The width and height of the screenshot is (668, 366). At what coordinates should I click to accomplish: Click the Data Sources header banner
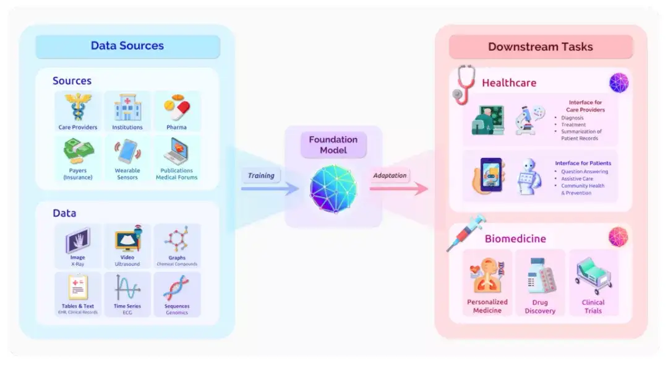click(127, 46)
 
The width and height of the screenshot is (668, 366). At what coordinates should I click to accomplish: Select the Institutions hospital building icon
click(127, 107)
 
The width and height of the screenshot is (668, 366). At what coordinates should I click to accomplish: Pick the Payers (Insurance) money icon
click(78, 151)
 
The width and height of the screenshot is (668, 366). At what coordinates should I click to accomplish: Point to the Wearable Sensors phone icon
click(127, 151)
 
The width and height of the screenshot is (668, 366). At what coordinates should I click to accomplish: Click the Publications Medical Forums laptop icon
click(176, 151)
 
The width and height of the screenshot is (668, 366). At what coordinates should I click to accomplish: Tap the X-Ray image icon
click(77, 240)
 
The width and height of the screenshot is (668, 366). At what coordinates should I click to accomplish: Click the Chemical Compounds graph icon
click(177, 239)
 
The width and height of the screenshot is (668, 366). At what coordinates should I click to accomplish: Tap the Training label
click(261, 176)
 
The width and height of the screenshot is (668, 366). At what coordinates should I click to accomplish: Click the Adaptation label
click(390, 176)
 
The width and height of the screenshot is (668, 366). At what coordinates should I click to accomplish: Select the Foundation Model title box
click(333, 145)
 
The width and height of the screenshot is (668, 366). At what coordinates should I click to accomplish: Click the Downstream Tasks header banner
click(541, 47)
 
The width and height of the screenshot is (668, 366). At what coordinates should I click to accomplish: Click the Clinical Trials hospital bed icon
click(593, 276)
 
